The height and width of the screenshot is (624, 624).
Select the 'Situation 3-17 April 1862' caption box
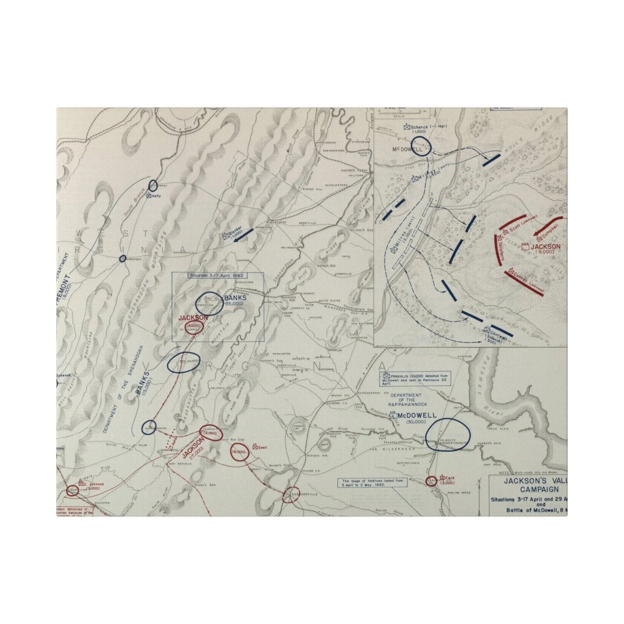click(215, 275)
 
